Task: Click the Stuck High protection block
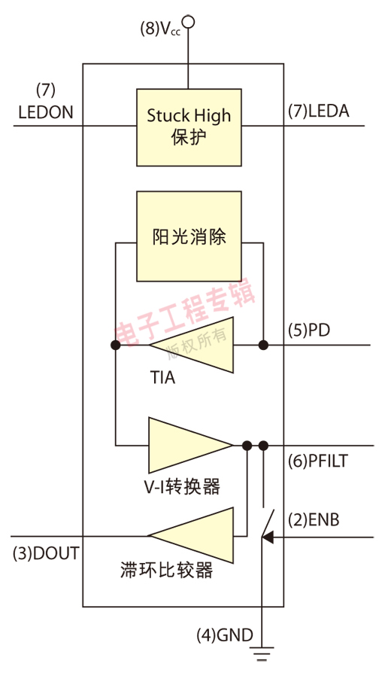[189, 126]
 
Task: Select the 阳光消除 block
[189, 236]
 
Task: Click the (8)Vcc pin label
[160, 29]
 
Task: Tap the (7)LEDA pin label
[319, 111]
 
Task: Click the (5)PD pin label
[309, 330]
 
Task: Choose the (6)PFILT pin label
[318, 461]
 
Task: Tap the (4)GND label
[225, 635]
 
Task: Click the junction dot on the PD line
[263, 346]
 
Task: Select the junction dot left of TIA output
[115, 346]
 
